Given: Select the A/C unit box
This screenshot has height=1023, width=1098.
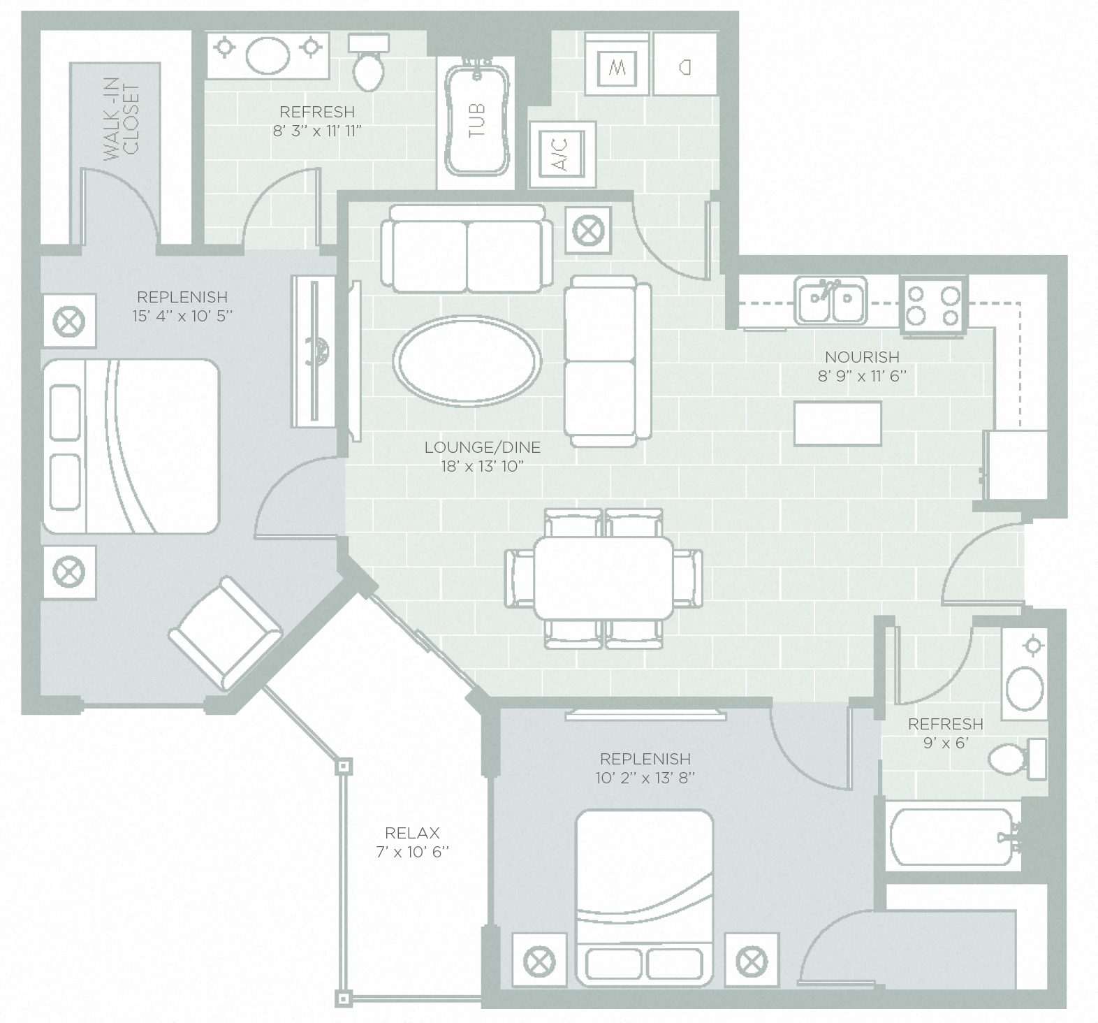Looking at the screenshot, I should [x=563, y=154].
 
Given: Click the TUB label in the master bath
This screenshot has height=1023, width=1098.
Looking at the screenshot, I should [x=478, y=119].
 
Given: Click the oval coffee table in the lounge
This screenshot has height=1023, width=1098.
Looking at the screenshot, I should [x=467, y=361].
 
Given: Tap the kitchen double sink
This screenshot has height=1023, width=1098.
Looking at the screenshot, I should [x=830, y=301].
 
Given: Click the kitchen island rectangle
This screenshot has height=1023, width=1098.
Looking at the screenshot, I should [x=837, y=423].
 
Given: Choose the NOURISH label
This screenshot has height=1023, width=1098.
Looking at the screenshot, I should [x=862, y=357].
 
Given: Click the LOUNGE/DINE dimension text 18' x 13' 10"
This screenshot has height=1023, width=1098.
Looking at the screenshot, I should [x=482, y=467].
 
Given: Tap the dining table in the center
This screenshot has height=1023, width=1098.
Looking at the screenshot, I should [x=603, y=577].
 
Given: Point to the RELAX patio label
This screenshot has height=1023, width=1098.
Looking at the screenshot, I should [x=412, y=833].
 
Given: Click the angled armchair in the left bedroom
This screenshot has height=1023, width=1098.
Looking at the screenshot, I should [x=225, y=634].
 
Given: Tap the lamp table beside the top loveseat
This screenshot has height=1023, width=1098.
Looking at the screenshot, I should [x=588, y=230].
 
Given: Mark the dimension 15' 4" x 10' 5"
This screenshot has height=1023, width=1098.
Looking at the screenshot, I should [x=182, y=316].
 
